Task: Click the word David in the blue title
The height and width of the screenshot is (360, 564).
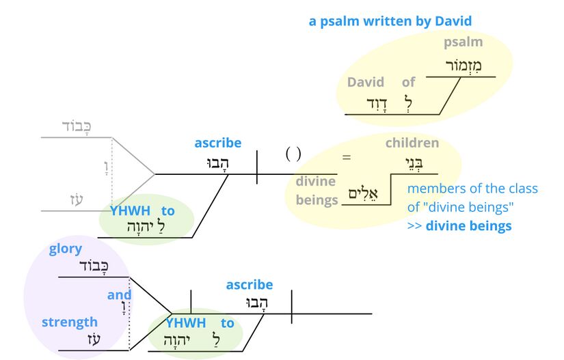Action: coord(453,21)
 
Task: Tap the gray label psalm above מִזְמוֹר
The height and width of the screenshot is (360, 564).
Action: coord(463,42)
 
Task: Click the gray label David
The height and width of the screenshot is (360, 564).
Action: coord(366,82)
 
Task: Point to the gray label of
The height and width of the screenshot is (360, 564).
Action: coord(408,82)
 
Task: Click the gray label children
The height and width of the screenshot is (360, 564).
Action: coord(412,143)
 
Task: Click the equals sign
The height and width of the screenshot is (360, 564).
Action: coord(347,157)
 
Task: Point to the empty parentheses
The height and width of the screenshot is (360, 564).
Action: coord(293,154)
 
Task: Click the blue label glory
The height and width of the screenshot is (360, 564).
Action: coord(66,249)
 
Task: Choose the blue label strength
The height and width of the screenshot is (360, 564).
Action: coord(70,322)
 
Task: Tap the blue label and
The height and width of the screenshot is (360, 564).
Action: coord(119,295)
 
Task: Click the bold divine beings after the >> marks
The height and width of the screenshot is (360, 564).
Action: coord(468,226)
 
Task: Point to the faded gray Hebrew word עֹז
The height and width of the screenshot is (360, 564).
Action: coord(76,199)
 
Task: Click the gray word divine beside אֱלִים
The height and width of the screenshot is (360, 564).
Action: coord(315,181)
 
